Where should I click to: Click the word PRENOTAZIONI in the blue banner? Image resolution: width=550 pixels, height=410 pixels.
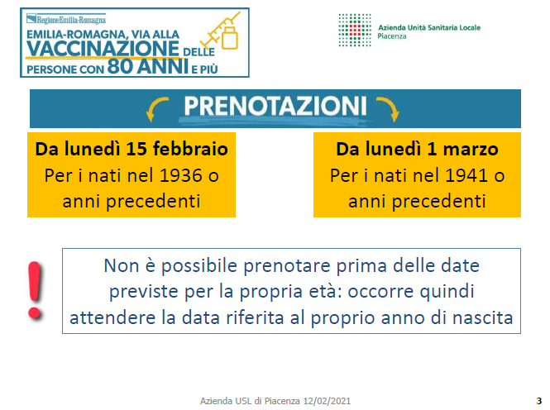pos(275,106)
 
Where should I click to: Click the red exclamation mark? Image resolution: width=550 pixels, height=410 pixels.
pos(35,290)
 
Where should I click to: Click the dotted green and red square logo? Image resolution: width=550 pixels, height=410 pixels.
pos(355,30)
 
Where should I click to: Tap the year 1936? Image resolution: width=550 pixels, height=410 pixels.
pos(181,175)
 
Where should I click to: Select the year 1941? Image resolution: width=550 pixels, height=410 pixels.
pos(466,175)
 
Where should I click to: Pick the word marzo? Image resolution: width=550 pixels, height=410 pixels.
pos(471,150)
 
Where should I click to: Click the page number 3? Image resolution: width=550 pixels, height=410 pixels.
pos(538,401)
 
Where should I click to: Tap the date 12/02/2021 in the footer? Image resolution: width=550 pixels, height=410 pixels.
pos(327,401)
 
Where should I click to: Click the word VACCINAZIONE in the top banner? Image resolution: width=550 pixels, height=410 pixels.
pos(103,49)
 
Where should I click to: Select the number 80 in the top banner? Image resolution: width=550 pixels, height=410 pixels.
pos(120,66)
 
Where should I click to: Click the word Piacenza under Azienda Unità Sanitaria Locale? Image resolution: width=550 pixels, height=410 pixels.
pos(392,36)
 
